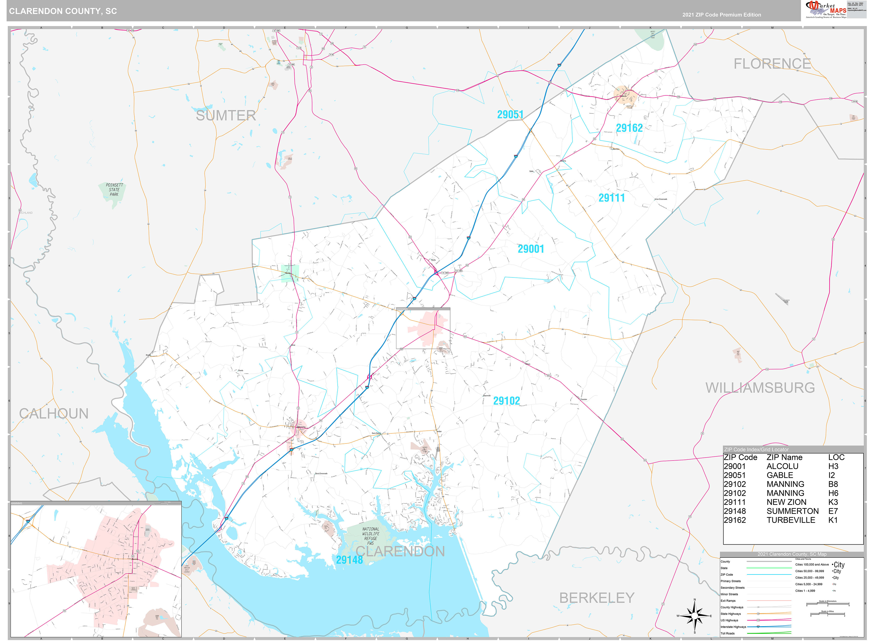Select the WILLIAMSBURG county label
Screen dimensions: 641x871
point(760,388)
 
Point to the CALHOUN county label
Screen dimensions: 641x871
point(54,414)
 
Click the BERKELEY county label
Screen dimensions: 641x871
point(596,598)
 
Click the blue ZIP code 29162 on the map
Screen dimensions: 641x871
point(629,128)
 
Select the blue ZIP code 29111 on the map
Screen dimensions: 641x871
point(611,198)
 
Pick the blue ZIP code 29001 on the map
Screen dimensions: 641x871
point(531,249)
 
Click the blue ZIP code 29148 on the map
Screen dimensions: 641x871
point(349,559)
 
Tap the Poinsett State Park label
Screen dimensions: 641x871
point(114,190)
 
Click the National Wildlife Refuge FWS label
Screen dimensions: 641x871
point(371,536)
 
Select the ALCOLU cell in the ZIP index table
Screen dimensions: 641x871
point(782,466)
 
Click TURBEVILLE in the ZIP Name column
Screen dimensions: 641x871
point(790,520)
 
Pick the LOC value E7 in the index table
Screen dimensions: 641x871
point(833,511)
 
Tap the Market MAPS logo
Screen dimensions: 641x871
point(826,10)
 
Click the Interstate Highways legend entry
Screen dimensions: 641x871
point(733,627)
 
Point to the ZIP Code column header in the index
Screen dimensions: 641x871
point(740,457)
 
